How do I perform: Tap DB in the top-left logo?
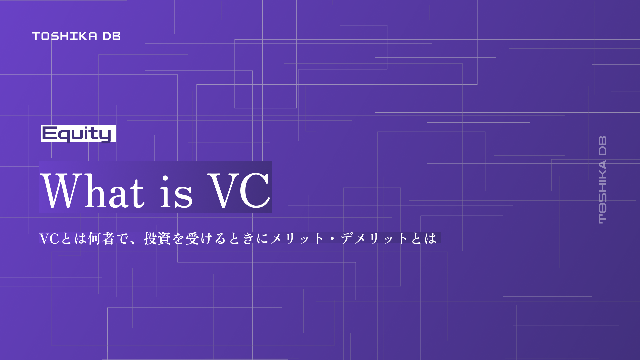112,36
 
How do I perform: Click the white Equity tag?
79,133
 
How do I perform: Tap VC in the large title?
239,190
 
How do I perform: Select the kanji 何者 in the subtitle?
101,239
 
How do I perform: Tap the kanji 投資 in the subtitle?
157,239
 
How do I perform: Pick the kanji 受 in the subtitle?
192,239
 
